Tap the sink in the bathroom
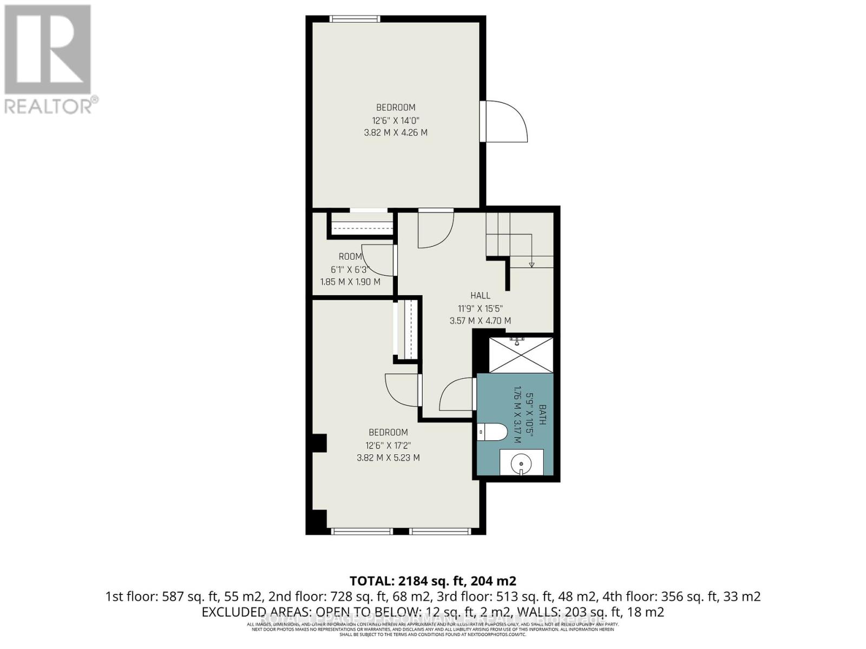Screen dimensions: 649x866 pyautogui.click(x=521, y=463)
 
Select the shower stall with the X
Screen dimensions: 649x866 pyautogui.click(x=521, y=355)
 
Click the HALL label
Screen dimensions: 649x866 pyautogui.click(x=480, y=295)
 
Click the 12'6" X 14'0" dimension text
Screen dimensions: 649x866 pyautogui.click(x=396, y=120)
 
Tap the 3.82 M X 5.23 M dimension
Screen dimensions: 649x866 pyautogui.click(x=388, y=458)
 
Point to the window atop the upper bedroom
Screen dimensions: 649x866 pyautogui.click(x=355, y=19)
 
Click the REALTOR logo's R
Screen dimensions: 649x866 pyautogui.click(x=48, y=50)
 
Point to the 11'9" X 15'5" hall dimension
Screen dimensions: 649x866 pyautogui.click(x=480, y=308)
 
